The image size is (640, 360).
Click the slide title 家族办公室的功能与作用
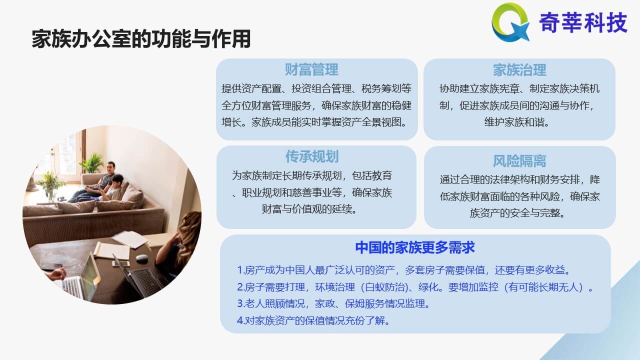coord(141,39)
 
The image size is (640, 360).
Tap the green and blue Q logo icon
coord(510,22)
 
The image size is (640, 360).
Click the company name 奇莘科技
coord(583,22)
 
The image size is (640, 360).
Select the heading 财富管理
coord(311,69)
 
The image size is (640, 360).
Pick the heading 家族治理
coord(519,70)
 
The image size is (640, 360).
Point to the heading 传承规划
coord(312,156)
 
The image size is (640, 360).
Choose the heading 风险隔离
coord(519,161)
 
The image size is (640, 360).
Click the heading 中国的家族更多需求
coord(415,247)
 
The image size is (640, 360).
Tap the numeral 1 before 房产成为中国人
coord(240,270)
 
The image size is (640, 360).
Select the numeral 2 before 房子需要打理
coord(240,287)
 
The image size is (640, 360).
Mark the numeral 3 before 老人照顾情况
coord(240,303)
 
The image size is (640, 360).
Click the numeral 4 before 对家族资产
coord(240,320)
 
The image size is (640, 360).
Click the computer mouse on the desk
coord(141,258)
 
